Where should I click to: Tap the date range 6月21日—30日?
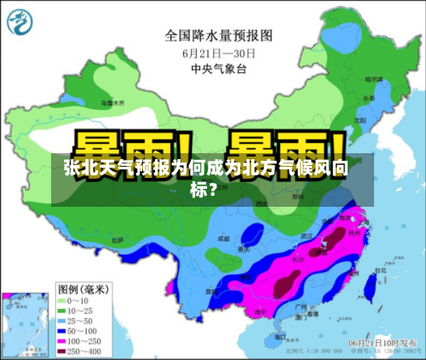click(219, 53)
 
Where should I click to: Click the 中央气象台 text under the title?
click(219, 68)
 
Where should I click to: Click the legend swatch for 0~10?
click(64, 301)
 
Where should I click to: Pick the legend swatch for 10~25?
click(64, 311)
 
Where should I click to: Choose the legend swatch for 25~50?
click(64, 322)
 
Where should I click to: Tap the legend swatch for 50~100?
click(64, 332)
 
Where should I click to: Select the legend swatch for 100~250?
click(64, 341)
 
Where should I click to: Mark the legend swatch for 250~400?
click(64, 351)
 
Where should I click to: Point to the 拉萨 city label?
click(119, 242)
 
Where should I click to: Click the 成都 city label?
click(223, 239)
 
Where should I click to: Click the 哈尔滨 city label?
click(372, 78)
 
